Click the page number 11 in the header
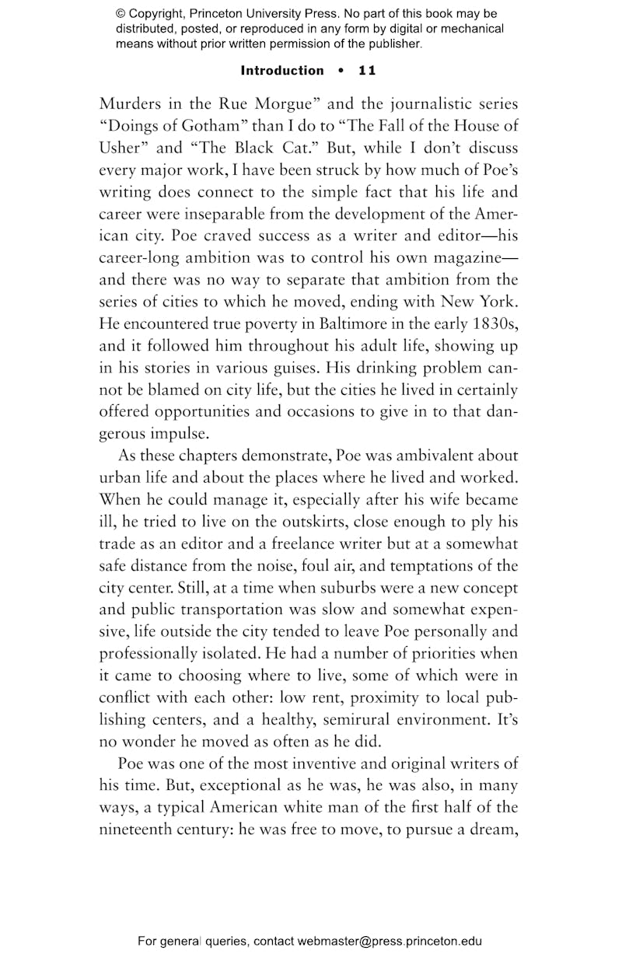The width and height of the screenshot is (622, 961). [x=367, y=71]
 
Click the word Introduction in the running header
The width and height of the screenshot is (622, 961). [x=282, y=71]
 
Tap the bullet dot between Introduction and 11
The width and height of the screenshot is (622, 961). [x=341, y=71]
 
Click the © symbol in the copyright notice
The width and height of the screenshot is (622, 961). [x=121, y=14]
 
